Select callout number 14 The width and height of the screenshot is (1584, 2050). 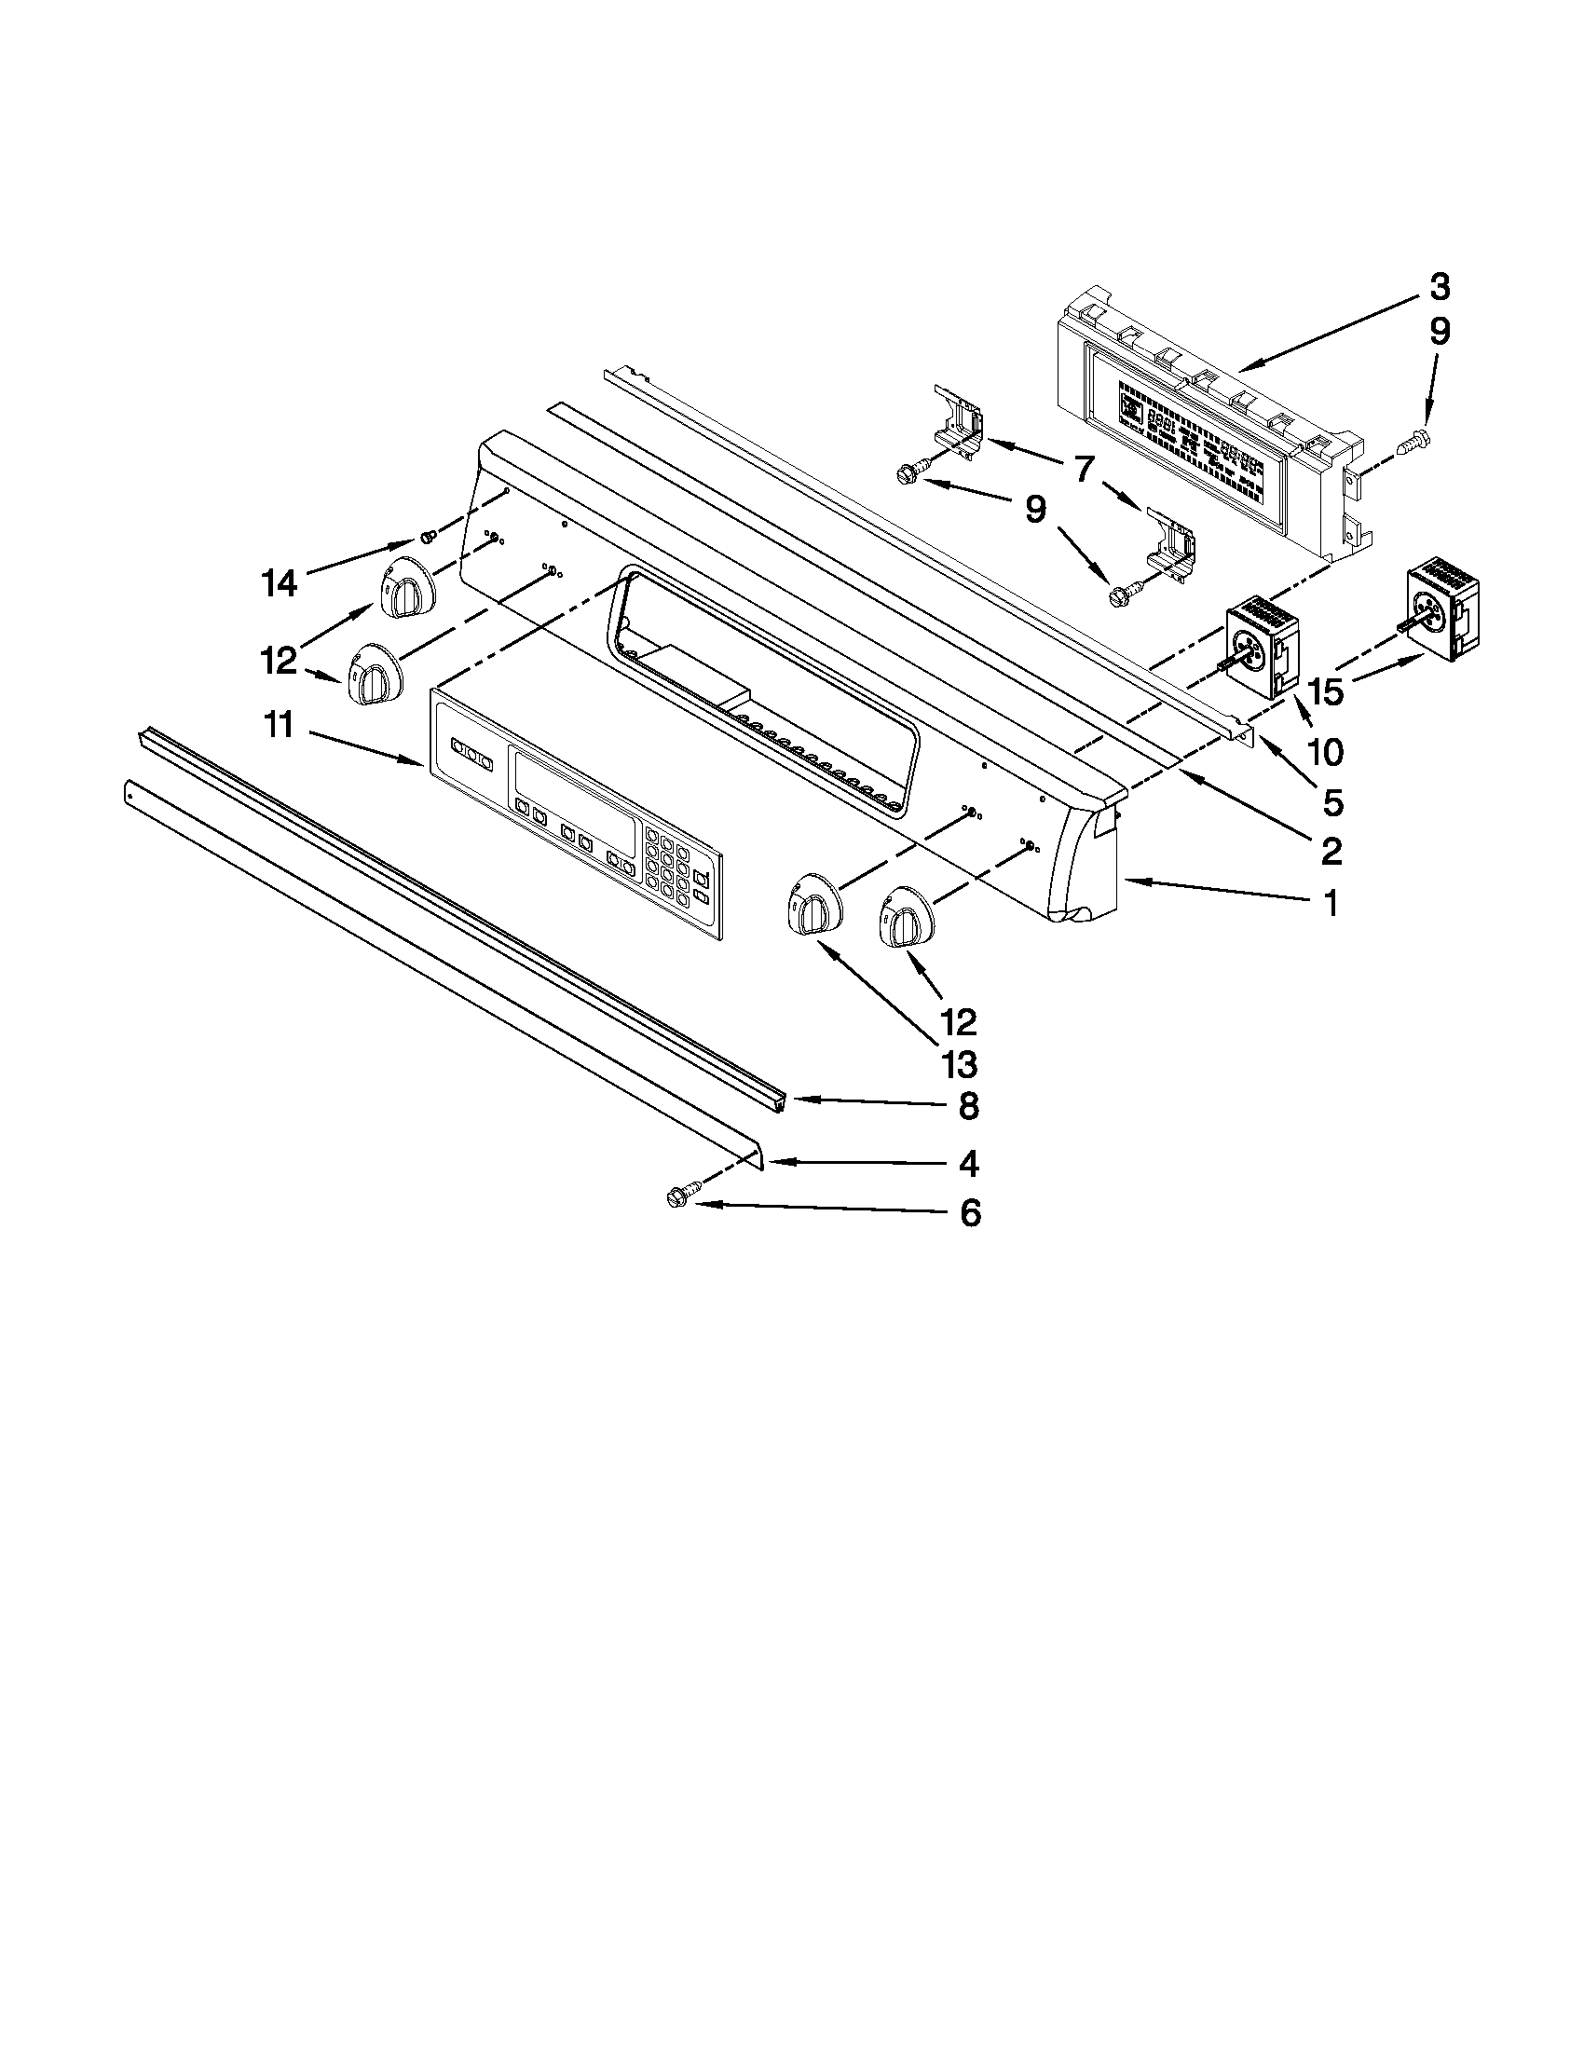point(280,584)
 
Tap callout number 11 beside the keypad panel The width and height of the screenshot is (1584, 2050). point(279,726)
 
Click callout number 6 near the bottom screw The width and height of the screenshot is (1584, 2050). point(970,1212)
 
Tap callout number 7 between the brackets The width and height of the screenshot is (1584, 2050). point(1085,467)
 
